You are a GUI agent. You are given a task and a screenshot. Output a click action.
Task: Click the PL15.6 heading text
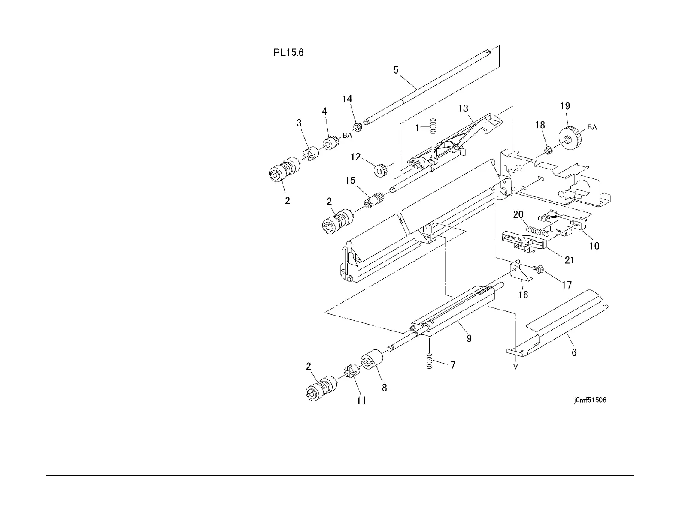click(x=289, y=54)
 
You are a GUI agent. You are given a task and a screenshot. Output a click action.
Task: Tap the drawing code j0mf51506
click(x=589, y=401)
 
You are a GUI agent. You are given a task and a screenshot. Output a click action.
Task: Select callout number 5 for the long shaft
click(x=396, y=70)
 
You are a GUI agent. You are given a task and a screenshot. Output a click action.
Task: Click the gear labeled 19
click(x=570, y=138)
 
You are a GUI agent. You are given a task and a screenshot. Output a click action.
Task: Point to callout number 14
click(x=347, y=99)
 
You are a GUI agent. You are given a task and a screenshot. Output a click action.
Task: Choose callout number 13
click(x=463, y=108)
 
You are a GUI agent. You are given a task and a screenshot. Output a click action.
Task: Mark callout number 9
click(x=469, y=338)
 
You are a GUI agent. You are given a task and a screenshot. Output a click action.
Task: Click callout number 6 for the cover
click(x=574, y=352)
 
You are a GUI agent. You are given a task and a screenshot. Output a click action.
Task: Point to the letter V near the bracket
click(x=515, y=367)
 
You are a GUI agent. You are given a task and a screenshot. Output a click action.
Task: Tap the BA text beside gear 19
click(x=592, y=127)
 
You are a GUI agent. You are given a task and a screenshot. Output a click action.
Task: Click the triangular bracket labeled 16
click(x=519, y=273)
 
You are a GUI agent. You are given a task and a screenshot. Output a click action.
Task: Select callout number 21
click(x=570, y=259)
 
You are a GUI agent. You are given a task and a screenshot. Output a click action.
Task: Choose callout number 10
click(x=594, y=246)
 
